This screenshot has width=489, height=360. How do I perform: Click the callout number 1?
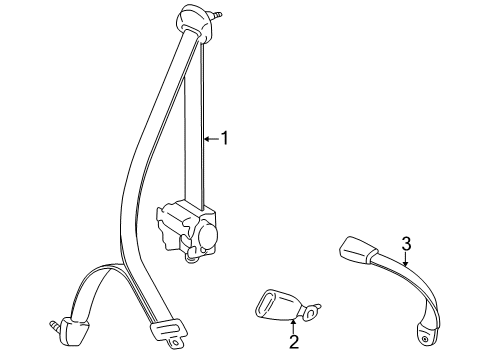225,138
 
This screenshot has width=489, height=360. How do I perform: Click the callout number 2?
294,342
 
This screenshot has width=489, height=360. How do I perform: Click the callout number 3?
406,243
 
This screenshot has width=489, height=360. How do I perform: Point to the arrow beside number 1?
209,138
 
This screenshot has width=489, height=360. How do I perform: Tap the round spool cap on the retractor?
209,236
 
